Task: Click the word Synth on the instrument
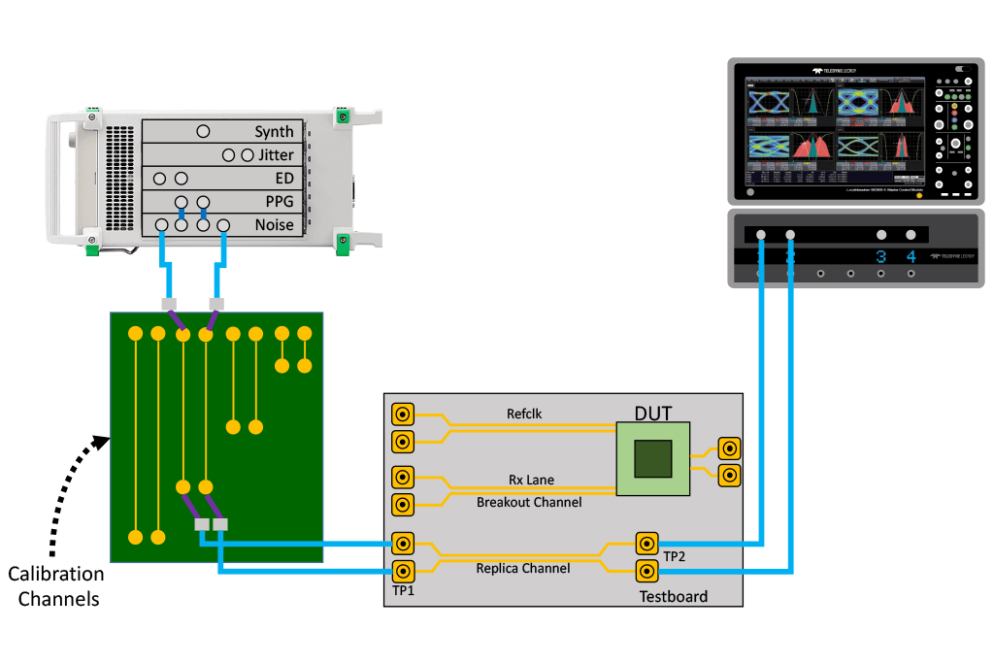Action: [x=274, y=132]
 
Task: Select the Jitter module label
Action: [x=276, y=155]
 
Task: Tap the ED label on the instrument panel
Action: [x=283, y=179]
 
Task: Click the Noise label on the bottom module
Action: [x=274, y=225]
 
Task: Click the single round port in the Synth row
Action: [x=203, y=131]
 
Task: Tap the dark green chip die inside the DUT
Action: [x=653, y=458]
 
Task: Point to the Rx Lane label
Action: [x=531, y=480]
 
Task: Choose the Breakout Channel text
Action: [x=529, y=502]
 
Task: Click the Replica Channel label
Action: [x=522, y=568]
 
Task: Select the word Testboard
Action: [x=673, y=596]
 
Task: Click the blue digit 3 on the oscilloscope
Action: [x=881, y=257]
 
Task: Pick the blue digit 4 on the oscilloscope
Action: [x=911, y=257]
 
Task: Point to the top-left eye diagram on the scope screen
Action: [x=768, y=101]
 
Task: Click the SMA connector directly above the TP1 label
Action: [x=402, y=570]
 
